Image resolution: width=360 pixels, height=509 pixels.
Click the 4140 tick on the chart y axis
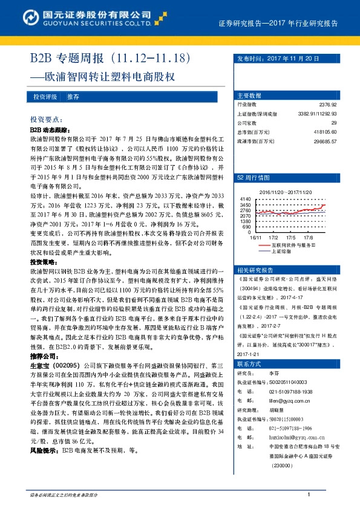click(245, 199)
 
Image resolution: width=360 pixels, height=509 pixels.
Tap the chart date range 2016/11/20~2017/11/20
click(284, 192)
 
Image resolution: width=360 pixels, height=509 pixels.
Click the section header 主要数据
click(249, 96)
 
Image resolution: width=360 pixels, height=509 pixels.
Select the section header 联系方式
click(249, 364)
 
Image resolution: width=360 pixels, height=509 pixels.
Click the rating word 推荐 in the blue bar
click(73, 97)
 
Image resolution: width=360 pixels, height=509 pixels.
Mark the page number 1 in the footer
click(309, 496)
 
